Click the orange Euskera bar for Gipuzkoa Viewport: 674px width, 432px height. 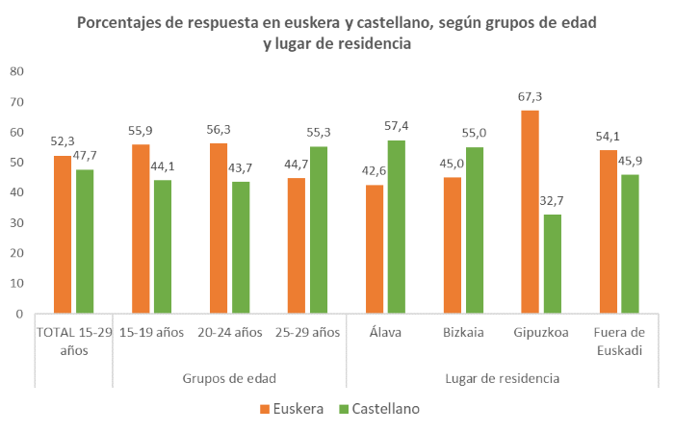(530, 212)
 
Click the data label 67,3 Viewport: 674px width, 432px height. (530, 96)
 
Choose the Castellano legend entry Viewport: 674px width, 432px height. (376, 408)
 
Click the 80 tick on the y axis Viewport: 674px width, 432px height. (16, 71)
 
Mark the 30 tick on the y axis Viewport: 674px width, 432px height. (16, 222)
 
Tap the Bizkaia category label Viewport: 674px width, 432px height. (463, 332)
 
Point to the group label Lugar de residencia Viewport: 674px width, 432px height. (503, 378)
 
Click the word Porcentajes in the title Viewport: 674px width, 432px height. (128, 23)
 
